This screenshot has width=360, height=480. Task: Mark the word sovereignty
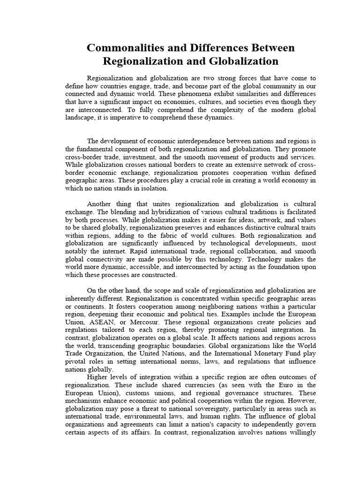click(205, 408)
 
